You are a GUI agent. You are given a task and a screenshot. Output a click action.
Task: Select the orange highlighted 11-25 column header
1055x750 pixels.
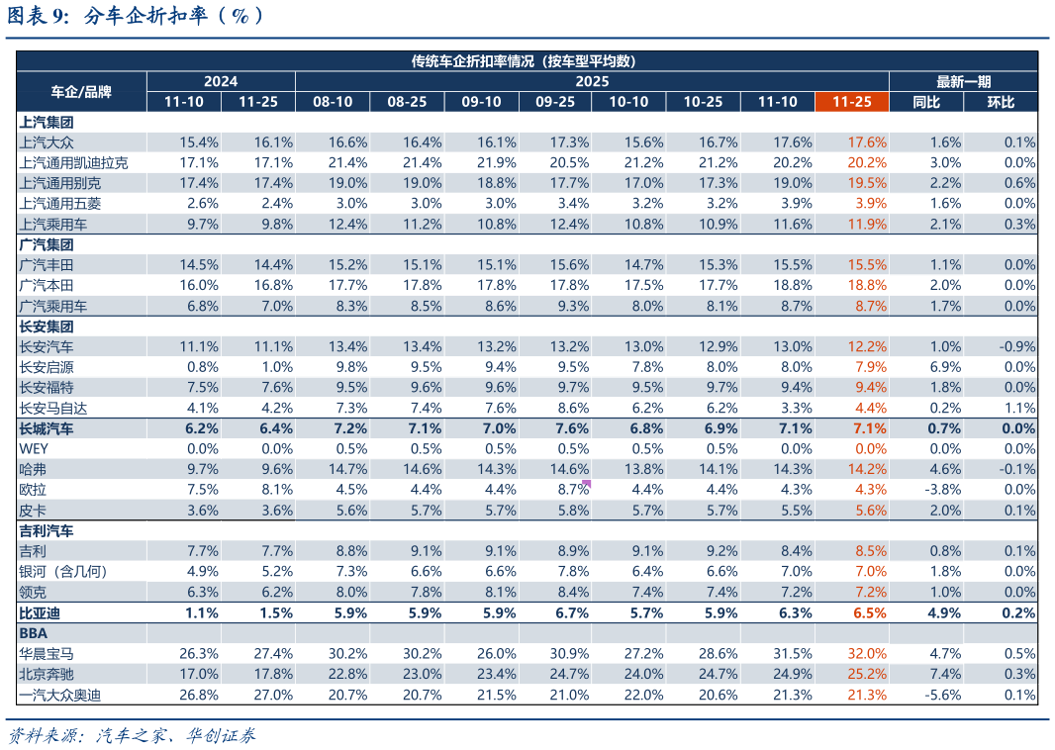pyautogui.click(x=851, y=102)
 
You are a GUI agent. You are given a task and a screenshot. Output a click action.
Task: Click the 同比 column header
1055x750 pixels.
pyautogui.click(x=926, y=102)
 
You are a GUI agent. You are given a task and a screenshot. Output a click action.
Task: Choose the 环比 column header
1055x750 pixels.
pyautogui.click(x=1001, y=102)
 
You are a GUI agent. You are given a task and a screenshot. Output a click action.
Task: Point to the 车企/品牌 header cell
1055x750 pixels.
pyautogui.click(x=81, y=92)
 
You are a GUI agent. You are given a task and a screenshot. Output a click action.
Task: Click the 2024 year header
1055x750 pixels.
pyautogui.click(x=221, y=81)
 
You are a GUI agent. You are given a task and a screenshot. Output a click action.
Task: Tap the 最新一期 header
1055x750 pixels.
pyautogui.click(x=963, y=81)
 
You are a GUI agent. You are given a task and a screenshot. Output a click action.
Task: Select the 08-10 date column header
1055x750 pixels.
pyautogui.click(x=333, y=102)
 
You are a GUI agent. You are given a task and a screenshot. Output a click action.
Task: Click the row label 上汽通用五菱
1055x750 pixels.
pyautogui.click(x=60, y=204)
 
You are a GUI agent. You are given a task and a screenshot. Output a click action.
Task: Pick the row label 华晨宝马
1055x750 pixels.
pyautogui.click(x=47, y=653)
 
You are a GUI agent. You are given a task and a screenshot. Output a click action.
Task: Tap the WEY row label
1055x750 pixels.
pyautogui.click(x=34, y=448)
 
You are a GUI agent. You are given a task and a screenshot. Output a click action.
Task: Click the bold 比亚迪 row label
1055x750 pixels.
pyautogui.click(x=40, y=612)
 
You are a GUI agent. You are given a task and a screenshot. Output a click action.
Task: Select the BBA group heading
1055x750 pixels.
pyautogui.click(x=34, y=632)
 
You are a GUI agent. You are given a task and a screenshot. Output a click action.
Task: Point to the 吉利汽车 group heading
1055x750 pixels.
pyautogui.click(x=47, y=530)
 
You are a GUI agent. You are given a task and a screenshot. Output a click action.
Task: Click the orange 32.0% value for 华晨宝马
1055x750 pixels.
pyautogui.click(x=867, y=653)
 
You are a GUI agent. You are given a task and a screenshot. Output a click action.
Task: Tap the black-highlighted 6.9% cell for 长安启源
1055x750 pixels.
pyautogui.click(x=941, y=367)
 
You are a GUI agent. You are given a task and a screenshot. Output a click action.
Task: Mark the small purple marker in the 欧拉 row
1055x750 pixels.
pyautogui.click(x=587, y=484)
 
